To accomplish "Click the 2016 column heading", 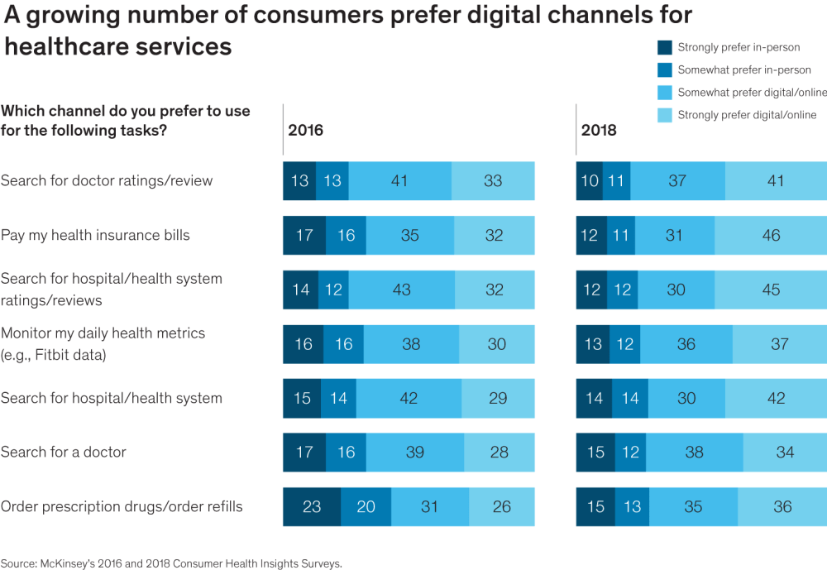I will (x=305, y=131).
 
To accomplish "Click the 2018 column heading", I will (x=599, y=131).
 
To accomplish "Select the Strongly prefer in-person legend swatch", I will (x=664, y=48).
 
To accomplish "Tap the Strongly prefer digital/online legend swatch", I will (x=664, y=115).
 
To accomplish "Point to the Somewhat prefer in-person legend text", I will (x=744, y=70).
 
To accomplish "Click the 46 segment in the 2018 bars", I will (x=771, y=236).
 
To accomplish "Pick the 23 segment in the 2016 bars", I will (x=312, y=507).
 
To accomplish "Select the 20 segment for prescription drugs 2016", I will (x=366, y=507).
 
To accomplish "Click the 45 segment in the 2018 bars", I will (x=771, y=290).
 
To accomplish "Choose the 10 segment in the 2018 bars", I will (x=589, y=181).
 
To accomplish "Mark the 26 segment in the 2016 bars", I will (x=501, y=507).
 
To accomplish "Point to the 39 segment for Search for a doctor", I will (x=414, y=453).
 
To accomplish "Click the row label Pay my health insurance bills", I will (x=95, y=236).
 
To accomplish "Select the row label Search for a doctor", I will (x=64, y=453).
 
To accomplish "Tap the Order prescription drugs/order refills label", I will (x=122, y=507).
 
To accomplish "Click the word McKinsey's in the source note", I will (x=69, y=563).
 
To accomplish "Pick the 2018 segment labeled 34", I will (x=785, y=453).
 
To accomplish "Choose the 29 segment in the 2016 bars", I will (x=498, y=398).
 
